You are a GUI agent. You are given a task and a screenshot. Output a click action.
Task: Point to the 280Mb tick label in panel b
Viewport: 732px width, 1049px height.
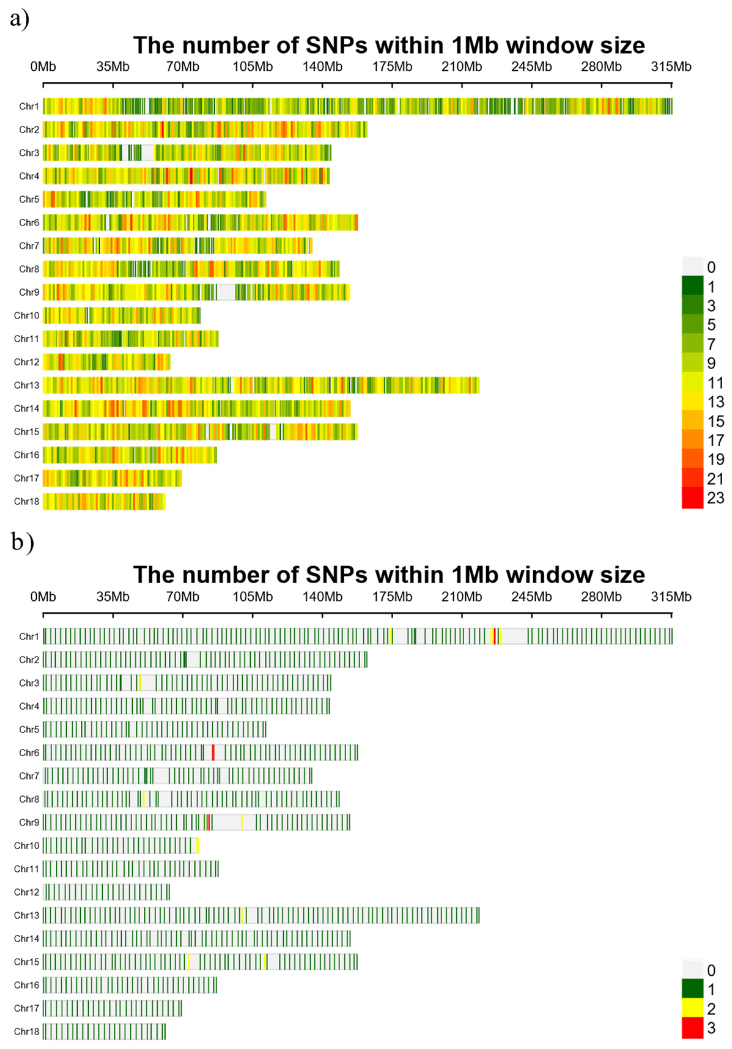coord(601,597)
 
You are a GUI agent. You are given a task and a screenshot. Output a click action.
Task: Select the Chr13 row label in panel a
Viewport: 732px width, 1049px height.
coord(27,385)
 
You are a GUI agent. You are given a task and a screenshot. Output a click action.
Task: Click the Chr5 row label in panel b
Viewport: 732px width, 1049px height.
coord(29,729)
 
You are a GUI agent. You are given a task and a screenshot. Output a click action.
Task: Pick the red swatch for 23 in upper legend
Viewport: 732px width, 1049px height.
coord(692,498)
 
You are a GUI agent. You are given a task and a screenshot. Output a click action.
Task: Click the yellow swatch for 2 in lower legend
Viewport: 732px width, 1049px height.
coord(692,1008)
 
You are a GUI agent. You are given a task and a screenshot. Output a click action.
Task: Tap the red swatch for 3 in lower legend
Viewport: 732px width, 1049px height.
coord(692,1028)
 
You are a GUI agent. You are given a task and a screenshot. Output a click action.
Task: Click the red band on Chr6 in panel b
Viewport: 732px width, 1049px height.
coord(213,752)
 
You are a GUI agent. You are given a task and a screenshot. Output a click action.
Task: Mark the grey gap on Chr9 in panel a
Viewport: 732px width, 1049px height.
coord(226,292)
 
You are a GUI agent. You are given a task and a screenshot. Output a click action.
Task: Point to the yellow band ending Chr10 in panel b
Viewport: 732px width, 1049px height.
coord(198,845)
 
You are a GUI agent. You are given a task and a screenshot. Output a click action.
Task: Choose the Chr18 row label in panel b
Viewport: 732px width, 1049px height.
coord(27,1032)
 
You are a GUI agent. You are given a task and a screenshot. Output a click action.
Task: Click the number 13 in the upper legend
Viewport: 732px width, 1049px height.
coord(715,402)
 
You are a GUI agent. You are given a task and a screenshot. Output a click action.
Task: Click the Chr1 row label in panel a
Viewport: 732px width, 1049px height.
coord(29,106)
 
